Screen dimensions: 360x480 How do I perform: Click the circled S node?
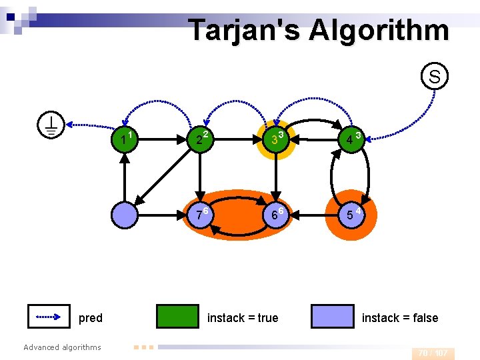(434, 77)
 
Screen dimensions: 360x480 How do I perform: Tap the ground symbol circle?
(51, 125)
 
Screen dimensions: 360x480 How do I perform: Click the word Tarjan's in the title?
(238, 30)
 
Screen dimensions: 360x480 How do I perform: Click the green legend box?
(177, 317)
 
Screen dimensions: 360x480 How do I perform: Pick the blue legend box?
(332, 317)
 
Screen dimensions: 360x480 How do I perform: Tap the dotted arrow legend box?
(49, 317)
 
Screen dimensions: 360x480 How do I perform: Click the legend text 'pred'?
(91, 318)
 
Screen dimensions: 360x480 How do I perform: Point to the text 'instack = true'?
(243, 318)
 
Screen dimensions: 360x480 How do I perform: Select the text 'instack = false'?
(400, 318)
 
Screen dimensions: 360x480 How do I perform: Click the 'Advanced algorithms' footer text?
(62, 347)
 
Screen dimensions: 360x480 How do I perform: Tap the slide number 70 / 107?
(433, 353)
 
